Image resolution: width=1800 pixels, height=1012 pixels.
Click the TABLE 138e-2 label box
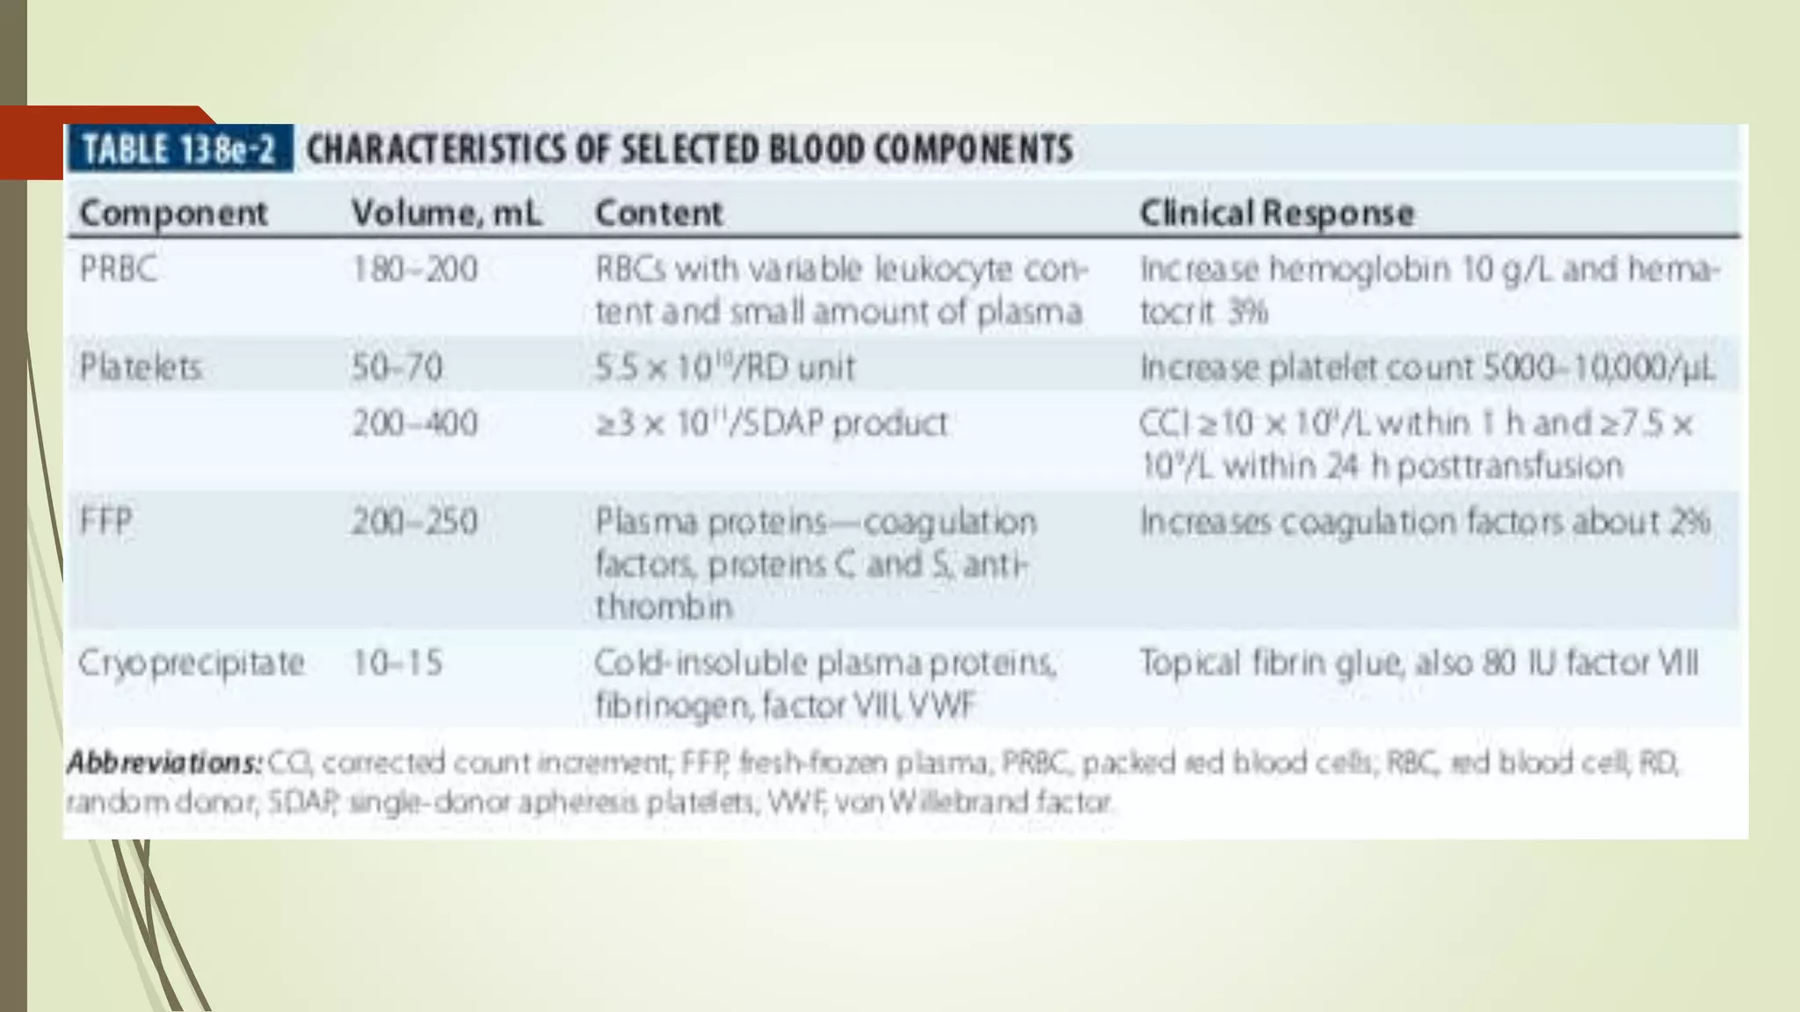click(x=179, y=148)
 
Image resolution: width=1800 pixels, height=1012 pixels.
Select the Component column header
click(x=173, y=213)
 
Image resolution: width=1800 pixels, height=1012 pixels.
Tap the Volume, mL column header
click(x=446, y=213)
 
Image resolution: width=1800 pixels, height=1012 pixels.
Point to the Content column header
click(x=658, y=213)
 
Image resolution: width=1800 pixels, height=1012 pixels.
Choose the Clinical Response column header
click(x=1276, y=213)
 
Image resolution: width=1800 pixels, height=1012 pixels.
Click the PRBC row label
click(x=119, y=269)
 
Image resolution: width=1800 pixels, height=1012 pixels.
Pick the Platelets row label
click(x=141, y=367)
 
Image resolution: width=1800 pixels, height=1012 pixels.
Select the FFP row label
click(x=106, y=522)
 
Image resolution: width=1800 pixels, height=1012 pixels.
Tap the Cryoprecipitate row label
click(x=192, y=662)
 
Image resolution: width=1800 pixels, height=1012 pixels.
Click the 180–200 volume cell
click(x=415, y=269)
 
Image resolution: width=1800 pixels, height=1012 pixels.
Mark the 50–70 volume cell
click(x=397, y=367)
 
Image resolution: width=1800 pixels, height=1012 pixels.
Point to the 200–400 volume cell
click(x=415, y=423)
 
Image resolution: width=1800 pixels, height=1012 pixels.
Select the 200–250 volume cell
click(x=415, y=522)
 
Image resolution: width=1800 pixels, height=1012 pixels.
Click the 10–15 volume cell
click(x=397, y=662)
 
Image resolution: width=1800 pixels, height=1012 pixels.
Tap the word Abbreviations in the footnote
click(x=164, y=763)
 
